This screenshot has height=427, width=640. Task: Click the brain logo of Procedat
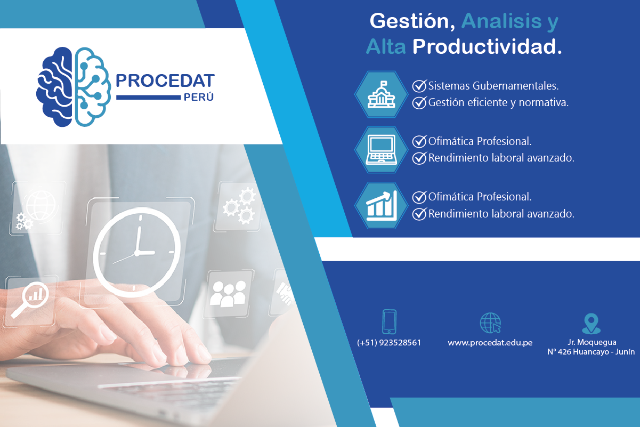click(x=74, y=87)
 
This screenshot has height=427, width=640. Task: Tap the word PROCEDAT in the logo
click(x=165, y=81)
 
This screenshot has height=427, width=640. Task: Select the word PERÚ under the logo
click(x=198, y=98)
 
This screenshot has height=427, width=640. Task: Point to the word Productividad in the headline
click(x=487, y=47)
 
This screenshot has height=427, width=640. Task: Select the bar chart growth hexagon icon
click(x=382, y=205)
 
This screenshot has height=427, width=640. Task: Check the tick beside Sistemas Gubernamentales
click(x=419, y=85)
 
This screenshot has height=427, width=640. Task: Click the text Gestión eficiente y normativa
click(x=498, y=103)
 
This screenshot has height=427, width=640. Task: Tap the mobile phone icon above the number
click(x=389, y=321)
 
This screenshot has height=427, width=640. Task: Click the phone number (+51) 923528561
click(x=389, y=343)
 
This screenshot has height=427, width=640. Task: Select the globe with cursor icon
click(x=490, y=323)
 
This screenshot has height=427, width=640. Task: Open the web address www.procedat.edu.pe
click(x=490, y=343)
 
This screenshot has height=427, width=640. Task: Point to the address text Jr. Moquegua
click(x=591, y=342)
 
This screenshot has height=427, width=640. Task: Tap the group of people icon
click(x=228, y=293)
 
